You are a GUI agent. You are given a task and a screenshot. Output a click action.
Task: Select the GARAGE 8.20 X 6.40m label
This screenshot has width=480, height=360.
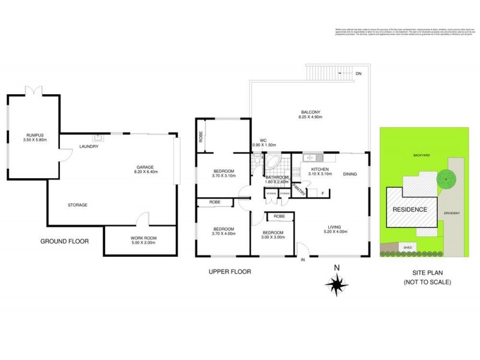pos(145,169)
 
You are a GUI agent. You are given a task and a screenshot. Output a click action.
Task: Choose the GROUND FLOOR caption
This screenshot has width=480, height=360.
pos(64,242)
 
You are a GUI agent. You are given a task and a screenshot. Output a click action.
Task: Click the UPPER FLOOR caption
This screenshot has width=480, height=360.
pos(229,272)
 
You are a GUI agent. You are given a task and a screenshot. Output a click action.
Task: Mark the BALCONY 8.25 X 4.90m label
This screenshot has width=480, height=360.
pos(311,115)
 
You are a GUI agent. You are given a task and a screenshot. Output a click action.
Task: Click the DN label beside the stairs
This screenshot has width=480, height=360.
pos(358,73)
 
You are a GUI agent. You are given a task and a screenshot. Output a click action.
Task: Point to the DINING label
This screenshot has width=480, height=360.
pos(350,175)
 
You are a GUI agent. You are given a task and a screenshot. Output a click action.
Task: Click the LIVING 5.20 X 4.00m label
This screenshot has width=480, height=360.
pos(336,229)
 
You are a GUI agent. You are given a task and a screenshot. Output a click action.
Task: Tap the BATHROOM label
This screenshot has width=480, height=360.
pos(277,178)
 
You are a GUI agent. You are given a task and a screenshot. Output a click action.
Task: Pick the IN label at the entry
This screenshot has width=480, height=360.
pos(302,260)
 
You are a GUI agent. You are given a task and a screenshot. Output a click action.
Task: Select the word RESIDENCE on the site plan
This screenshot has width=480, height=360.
pos(410,209)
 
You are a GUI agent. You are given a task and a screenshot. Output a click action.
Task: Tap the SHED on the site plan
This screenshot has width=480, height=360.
pos(407,247)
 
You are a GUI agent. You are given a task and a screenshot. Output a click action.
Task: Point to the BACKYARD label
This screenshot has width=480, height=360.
pos(421,155)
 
